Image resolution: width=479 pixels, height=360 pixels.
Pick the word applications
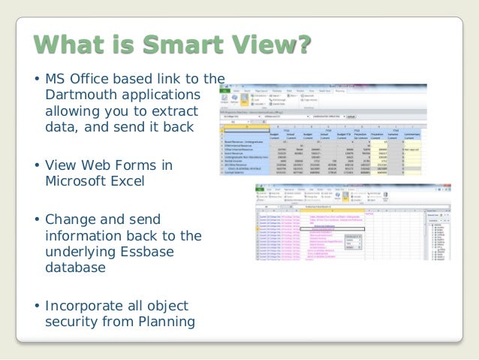point(164,95)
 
